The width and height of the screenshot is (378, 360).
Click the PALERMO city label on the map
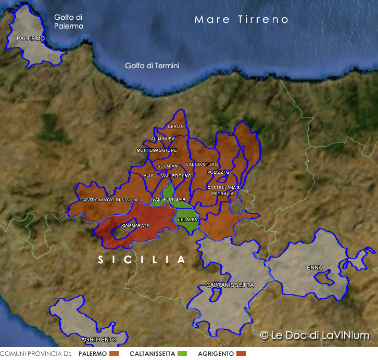pos(31,39)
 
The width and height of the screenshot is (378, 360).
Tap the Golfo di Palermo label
pos(69,21)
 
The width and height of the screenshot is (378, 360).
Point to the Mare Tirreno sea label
pos(242,20)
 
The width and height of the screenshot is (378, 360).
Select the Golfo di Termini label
pos(152,66)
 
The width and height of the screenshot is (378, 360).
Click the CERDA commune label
pos(175,127)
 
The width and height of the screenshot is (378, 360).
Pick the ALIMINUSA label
pos(162,139)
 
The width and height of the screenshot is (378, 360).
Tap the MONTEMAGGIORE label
pos(157,150)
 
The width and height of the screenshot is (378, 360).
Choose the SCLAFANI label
pos(168,166)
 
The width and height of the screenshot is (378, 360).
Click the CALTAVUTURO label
pos(202,164)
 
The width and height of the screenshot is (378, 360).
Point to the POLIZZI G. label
pos(219,172)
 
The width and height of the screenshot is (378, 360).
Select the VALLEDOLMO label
pos(177,176)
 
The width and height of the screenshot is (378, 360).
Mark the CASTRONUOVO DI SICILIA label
pos(109,200)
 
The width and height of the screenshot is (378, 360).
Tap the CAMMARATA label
pos(135,226)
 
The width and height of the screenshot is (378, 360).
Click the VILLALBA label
pos(187,220)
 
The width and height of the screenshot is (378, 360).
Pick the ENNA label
pos(314,268)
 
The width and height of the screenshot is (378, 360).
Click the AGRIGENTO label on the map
pos(99,339)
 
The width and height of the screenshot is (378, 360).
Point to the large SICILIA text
pos(142,259)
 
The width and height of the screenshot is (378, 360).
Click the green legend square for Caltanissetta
pos(182,354)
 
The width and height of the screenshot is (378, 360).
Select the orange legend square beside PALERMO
pos(115,354)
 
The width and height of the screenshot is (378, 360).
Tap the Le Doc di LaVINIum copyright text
pos(314,336)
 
